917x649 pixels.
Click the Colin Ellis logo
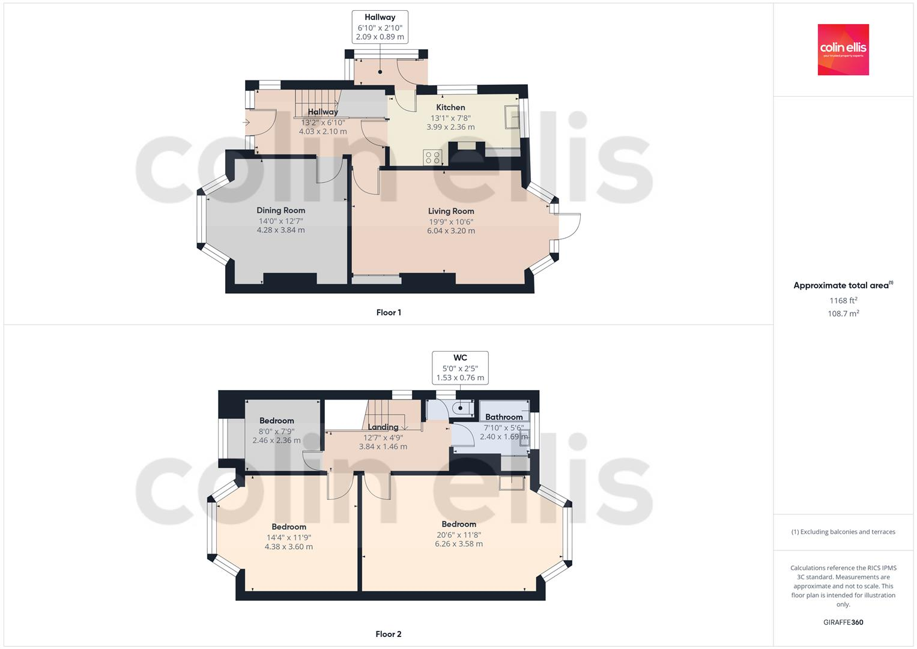click(843, 49)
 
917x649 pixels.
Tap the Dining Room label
click(280, 210)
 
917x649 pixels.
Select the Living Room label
click(451, 211)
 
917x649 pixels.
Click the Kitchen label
click(450, 108)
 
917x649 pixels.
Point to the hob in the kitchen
click(432, 157)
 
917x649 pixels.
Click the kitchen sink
click(512, 117)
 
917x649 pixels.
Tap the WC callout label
click(460, 358)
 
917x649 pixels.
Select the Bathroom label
click(504, 417)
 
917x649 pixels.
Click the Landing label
click(383, 427)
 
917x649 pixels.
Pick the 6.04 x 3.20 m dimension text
click(451, 231)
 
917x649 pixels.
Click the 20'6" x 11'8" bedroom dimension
click(459, 535)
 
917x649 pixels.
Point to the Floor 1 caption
click(389, 312)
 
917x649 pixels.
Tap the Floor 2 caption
click(389, 634)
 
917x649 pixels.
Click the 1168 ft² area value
click(843, 300)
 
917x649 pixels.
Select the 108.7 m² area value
click(843, 313)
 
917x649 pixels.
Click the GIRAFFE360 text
click(843, 622)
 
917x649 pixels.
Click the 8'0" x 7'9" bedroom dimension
click(276, 431)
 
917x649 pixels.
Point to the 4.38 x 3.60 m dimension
click(288, 547)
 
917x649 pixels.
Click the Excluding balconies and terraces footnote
click(843, 532)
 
